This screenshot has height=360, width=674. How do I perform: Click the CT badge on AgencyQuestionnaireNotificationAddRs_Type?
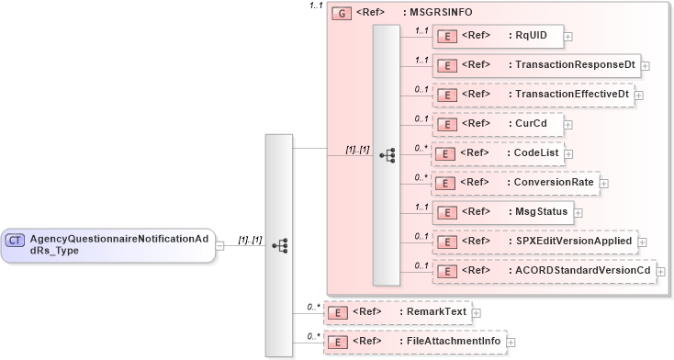(16, 240)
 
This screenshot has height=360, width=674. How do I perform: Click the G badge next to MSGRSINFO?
(340, 13)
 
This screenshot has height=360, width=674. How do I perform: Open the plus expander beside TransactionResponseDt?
(646, 66)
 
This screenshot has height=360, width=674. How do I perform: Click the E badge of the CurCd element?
(447, 124)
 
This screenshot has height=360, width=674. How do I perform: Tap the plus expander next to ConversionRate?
(603, 183)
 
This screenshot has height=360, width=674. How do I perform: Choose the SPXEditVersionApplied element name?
(573, 242)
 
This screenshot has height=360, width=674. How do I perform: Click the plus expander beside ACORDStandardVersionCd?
(660, 272)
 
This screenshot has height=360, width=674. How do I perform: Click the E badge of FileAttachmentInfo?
(339, 342)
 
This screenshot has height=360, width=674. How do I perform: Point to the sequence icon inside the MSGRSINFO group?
(387, 154)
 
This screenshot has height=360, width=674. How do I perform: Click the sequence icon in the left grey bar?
(280, 245)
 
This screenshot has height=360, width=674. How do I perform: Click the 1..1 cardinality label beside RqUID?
(421, 30)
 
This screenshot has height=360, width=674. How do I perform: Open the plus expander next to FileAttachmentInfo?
(511, 342)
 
